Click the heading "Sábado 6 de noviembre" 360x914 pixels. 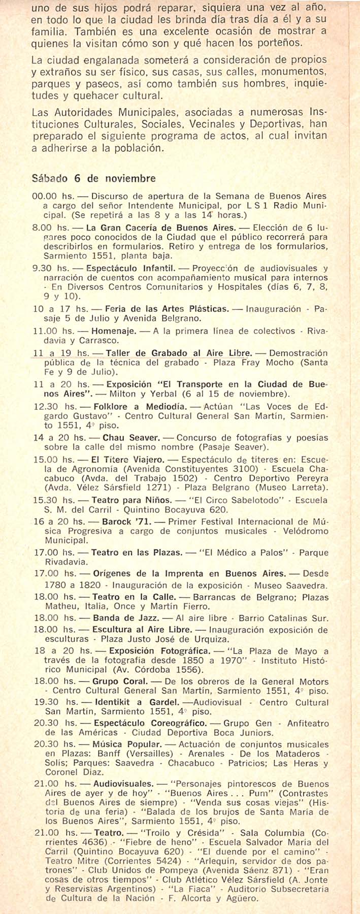coord(93,178)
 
